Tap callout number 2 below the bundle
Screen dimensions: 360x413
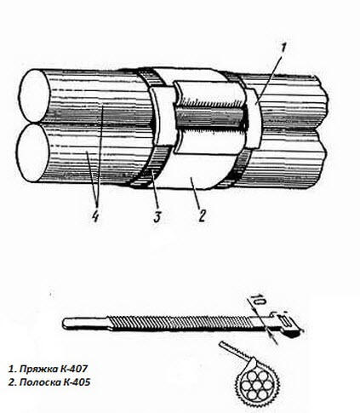(x=202, y=215)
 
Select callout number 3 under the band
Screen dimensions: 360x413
(x=157, y=215)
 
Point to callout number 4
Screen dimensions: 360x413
(x=95, y=216)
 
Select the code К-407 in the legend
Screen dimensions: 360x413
(x=73, y=369)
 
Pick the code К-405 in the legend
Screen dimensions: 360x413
(x=77, y=382)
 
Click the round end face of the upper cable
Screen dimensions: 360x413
(x=33, y=95)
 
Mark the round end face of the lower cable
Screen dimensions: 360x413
(x=31, y=152)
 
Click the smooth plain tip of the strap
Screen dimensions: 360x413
(x=85, y=323)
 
